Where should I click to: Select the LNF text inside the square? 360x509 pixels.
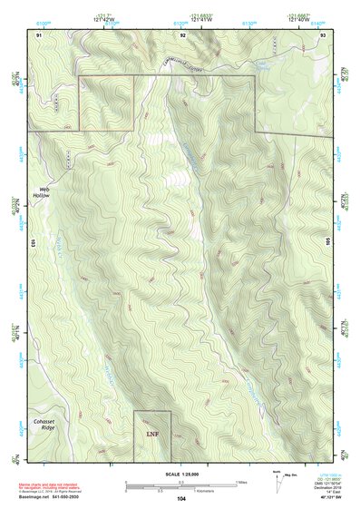pos(152,435)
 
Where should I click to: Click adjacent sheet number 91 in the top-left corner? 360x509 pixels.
pos(39,34)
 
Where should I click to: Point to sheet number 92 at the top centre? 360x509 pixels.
pos(182,34)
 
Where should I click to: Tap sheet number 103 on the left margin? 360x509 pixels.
pos(32,242)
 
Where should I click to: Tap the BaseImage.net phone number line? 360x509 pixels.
pos(54,496)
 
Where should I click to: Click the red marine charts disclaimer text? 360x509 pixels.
pos(54,485)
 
